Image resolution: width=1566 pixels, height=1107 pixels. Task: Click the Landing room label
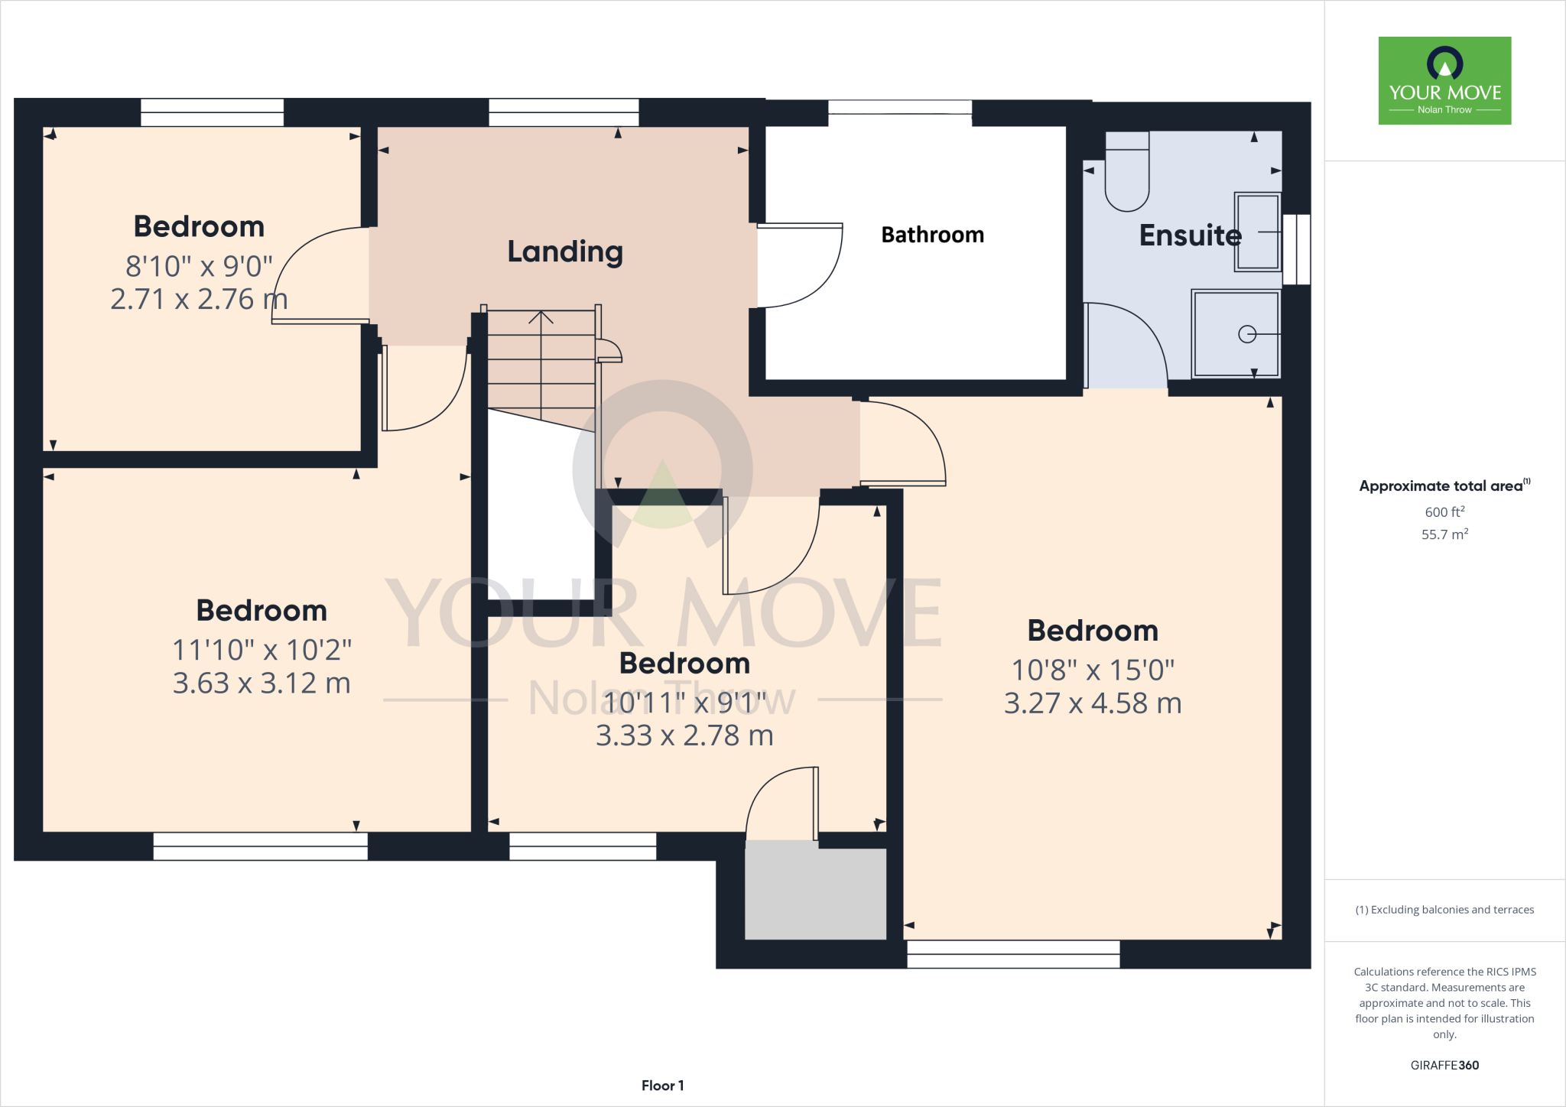tap(565, 252)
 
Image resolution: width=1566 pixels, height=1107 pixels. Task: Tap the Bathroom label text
tap(932, 235)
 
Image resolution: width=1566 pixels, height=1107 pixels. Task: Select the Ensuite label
tap(1190, 235)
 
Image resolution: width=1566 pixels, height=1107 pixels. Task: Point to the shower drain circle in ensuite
tap(1247, 334)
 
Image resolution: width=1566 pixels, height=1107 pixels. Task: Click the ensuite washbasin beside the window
tap(1257, 232)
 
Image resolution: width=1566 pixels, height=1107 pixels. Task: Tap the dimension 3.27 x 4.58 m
tap(1092, 703)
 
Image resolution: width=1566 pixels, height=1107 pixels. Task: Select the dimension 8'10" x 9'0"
tap(199, 266)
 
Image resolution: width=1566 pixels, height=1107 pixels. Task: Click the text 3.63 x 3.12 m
tap(262, 683)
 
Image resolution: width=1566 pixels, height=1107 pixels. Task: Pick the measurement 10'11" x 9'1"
tap(684, 702)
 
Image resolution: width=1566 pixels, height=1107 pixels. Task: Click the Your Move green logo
tap(1444, 81)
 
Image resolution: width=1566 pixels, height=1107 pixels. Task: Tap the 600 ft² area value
tap(1444, 512)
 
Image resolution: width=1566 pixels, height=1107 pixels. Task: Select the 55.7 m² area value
tap(1444, 534)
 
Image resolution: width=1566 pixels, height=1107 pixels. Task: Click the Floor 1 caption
tap(662, 1086)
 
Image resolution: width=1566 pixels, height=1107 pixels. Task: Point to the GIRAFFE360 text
tap(1444, 1065)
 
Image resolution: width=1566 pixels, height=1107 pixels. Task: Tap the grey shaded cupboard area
tap(815, 891)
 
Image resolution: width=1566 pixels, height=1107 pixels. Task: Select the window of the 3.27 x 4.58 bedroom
tap(1013, 954)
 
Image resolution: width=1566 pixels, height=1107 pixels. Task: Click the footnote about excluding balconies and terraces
tap(1444, 910)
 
